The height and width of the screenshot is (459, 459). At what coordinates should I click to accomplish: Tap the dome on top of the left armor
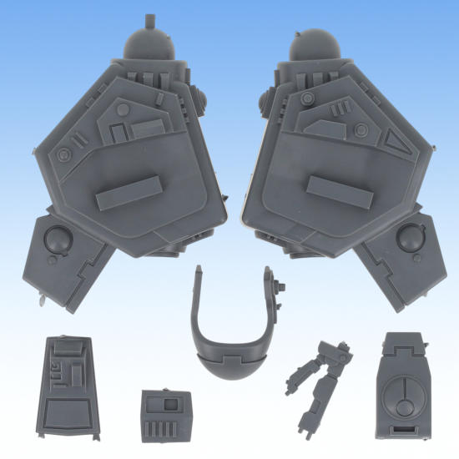149,43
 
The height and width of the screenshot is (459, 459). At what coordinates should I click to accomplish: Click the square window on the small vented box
171,404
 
